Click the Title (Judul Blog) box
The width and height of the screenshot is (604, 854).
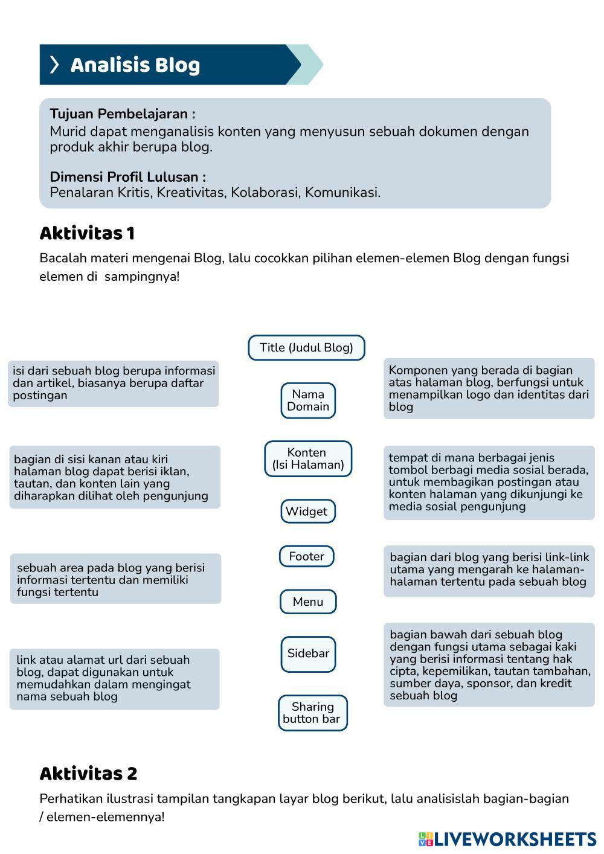pos(306,348)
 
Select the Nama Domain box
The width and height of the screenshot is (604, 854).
pos(308,400)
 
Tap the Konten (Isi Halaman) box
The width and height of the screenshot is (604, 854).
pos(308,459)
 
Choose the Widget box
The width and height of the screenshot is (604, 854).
pos(307,512)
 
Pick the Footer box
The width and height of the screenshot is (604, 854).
pos(307,556)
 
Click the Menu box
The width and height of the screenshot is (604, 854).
pos(308,602)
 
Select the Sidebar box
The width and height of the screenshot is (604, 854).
pos(308,653)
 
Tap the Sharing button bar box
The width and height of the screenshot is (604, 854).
pos(312,713)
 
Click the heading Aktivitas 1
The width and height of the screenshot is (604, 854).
pos(87,234)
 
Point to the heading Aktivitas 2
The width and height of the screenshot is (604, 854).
pos(88,774)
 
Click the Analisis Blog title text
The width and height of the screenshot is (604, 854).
pos(135,65)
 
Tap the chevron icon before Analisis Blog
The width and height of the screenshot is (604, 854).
pos(54,65)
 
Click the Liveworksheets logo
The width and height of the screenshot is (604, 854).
pos(507,839)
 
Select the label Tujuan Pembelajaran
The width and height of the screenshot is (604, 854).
pos(122,114)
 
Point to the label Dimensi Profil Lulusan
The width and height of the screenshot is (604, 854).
pos(127,177)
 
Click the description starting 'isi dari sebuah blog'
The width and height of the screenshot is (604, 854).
pos(114,384)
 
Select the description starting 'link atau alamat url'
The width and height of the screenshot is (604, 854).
pos(114,678)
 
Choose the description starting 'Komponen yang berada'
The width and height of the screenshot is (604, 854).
pos(489,388)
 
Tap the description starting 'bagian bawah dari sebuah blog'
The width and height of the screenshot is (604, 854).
pos(489,665)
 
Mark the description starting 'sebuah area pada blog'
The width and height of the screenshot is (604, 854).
pos(115,579)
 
